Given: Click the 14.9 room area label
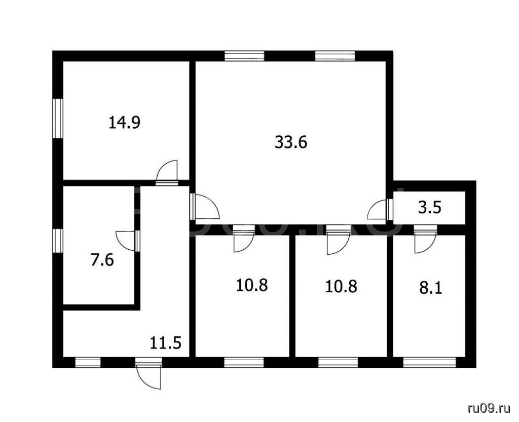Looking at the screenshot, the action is pos(125,123).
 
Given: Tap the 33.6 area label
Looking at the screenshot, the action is pos(291,142).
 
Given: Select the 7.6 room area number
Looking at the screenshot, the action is pos(102,260).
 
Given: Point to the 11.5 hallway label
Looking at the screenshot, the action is pos(166,343).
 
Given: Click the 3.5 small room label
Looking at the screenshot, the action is pos(430,209).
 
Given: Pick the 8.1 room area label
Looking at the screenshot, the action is pos(431,288).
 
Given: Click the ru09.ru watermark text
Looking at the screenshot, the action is pos(489,409).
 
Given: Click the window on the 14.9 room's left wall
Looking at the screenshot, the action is pos(58,119).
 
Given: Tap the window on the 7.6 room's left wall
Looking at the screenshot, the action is pos(58,241).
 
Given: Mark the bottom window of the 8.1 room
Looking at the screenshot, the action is pos(429,362).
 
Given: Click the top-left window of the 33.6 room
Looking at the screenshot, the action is pos(244,56).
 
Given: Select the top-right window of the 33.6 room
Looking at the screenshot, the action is pos(335,56).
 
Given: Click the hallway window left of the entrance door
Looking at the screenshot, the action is pos(88,362).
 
